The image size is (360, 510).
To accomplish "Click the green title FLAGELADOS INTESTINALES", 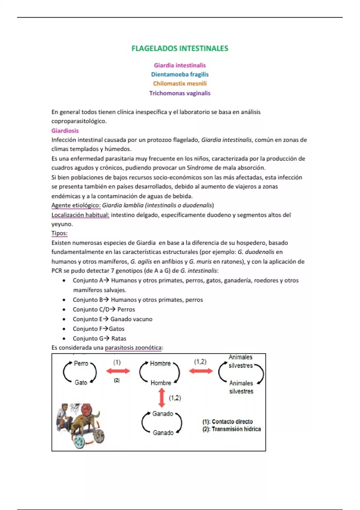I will point(180,49).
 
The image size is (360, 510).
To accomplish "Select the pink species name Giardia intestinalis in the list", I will point(180,65).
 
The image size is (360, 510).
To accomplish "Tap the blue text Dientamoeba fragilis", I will point(180,74).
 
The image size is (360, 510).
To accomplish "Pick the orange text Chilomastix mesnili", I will point(180,84).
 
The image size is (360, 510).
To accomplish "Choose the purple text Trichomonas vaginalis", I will point(180,93).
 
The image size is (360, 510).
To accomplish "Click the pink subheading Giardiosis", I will point(65,131).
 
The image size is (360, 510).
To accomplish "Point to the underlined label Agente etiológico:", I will point(76,205).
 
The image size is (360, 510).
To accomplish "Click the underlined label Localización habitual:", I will point(80,215).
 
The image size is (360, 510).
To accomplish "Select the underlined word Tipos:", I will point(59,233).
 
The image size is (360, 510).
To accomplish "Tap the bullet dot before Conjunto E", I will point(64,319).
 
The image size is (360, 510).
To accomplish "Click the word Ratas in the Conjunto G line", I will point(119,339).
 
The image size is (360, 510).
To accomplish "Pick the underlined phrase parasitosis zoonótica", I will point(133,348).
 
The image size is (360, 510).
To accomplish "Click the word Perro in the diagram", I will point(81,364).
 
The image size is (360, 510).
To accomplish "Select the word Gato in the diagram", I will point(81,382).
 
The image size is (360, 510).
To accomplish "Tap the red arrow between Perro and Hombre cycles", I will point(118,371).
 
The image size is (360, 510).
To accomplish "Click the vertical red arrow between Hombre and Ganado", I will point(162,398).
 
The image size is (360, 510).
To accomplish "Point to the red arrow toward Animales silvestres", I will point(201,371).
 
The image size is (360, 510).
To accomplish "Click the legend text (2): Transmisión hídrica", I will point(232,429).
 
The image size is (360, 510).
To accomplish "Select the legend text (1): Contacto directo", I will point(227,421).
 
